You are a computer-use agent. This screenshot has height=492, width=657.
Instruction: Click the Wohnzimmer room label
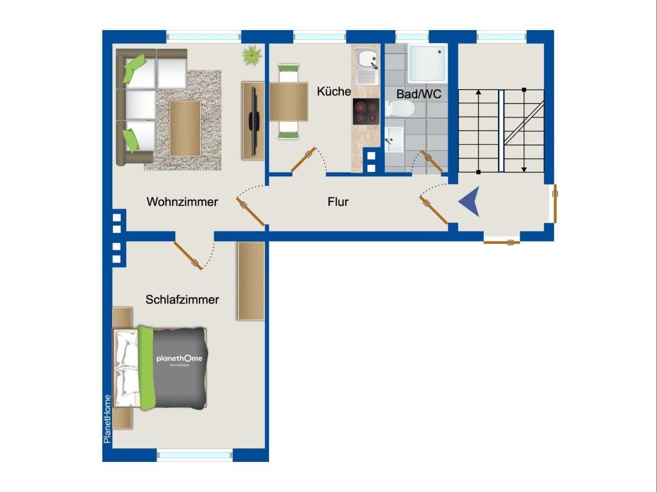coord(182,202)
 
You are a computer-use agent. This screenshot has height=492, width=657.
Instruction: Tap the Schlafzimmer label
coord(182,300)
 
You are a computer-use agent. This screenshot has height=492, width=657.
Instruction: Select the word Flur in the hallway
coord(338,202)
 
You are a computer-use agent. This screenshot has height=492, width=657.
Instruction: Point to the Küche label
coord(334,91)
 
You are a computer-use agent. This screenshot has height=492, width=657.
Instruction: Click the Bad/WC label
coord(419,94)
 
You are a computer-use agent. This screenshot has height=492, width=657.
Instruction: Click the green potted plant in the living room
coord(252,55)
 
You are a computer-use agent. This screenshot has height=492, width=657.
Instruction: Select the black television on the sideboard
coord(253,121)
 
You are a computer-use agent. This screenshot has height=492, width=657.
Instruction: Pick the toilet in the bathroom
coord(400,110)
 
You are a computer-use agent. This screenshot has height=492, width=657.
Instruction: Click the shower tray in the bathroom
coord(427,64)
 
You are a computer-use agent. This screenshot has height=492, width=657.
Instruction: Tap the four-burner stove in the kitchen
coord(366,112)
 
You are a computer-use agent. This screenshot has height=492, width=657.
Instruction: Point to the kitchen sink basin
coord(366,59)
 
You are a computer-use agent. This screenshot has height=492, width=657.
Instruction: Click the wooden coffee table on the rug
coord(185,128)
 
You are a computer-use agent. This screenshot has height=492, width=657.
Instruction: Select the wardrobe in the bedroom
coord(252,281)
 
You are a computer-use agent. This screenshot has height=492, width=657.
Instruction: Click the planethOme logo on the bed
coord(180,359)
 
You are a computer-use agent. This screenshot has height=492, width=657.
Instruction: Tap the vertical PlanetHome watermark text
coord(107,419)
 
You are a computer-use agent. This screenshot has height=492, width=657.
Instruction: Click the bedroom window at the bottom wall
coord(194,455)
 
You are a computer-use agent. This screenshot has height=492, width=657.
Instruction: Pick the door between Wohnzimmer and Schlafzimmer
coord(188,256)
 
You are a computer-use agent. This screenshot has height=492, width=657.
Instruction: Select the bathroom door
coord(431,162)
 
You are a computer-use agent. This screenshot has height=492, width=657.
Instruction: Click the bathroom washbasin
coord(395,140)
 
